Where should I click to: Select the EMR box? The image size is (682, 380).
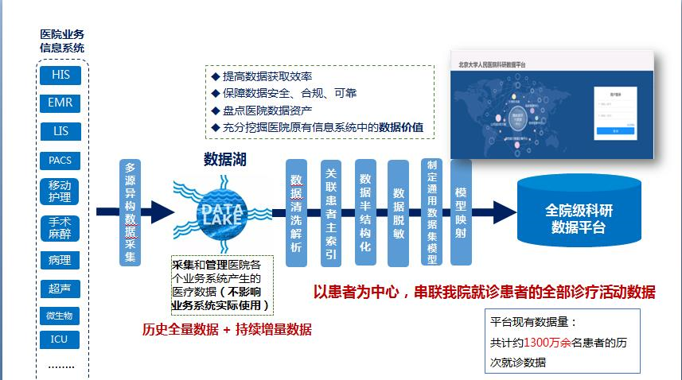(60, 103)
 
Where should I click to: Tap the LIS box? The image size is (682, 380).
(60, 131)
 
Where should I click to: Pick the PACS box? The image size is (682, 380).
(60, 160)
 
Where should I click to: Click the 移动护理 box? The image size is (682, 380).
(60, 192)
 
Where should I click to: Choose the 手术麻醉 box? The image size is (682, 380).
(60, 227)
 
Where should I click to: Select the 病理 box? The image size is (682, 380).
(60, 260)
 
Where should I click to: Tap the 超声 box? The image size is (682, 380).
(60, 289)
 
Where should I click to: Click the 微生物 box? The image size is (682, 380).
(60, 316)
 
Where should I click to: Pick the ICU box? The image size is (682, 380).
(60, 340)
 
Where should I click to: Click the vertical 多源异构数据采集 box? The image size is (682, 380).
(131, 213)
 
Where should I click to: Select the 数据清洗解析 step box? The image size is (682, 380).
(296, 213)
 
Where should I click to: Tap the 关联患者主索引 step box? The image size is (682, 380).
(331, 213)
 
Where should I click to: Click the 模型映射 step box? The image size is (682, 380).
(461, 213)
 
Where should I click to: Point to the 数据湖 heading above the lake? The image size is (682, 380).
(224, 159)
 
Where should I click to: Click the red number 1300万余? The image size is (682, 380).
(555, 343)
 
